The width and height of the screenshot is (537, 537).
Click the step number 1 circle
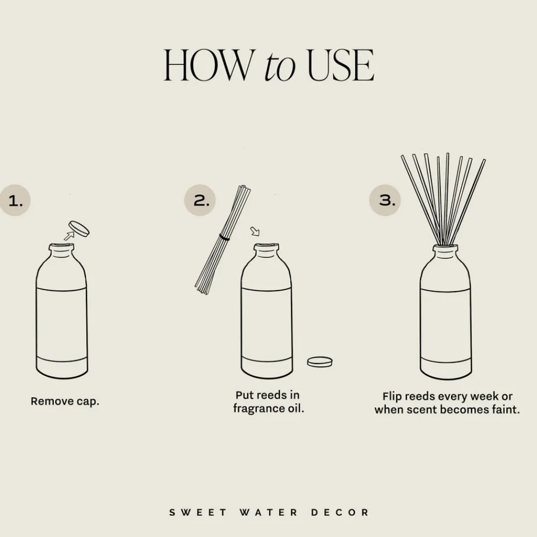point(16,201)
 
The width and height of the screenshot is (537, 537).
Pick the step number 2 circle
point(200,201)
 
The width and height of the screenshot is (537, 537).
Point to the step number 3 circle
point(384,200)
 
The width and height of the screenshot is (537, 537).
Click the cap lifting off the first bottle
point(79,228)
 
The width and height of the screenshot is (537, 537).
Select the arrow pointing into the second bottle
point(255,231)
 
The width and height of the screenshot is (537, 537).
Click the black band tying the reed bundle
point(224,237)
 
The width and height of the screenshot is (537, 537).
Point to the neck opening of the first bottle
point(61,248)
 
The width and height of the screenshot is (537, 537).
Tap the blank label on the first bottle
point(61,323)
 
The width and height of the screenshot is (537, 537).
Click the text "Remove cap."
point(65,401)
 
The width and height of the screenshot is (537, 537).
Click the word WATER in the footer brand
point(268,512)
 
